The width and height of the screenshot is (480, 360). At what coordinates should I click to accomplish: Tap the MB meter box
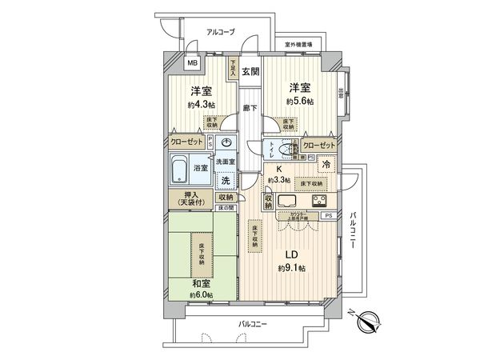coord(193,63)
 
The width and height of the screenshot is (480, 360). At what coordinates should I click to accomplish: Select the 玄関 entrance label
coord(250,71)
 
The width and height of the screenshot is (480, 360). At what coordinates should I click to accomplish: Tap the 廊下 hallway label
coord(250,107)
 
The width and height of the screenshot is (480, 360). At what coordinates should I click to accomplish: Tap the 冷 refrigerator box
coord(327,164)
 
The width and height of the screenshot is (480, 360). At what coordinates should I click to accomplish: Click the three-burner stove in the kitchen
coord(321,199)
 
